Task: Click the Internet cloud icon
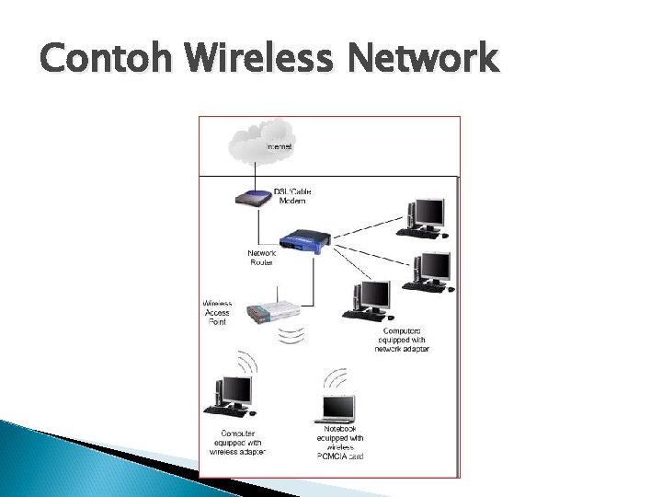(x=253, y=144)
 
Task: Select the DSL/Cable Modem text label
(x=291, y=196)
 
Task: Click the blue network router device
(x=303, y=241)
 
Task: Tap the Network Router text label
(x=262, y=258)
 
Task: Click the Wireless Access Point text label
(x=217, y=311)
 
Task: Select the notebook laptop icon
(x=338, y=405)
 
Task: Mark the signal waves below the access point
(x=291, y=335)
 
